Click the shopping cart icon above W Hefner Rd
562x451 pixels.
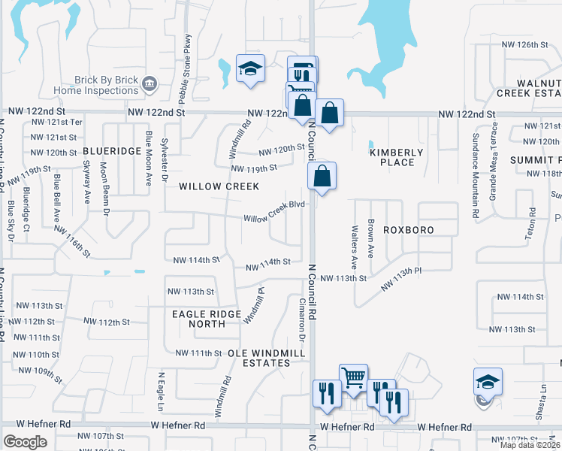tap(353, 378)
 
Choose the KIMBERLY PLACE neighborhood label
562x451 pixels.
tap(397, 157)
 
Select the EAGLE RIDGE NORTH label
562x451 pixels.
tap(198, 319)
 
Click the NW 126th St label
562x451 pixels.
tap(524, 45)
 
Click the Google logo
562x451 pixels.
tap(25, 442)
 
